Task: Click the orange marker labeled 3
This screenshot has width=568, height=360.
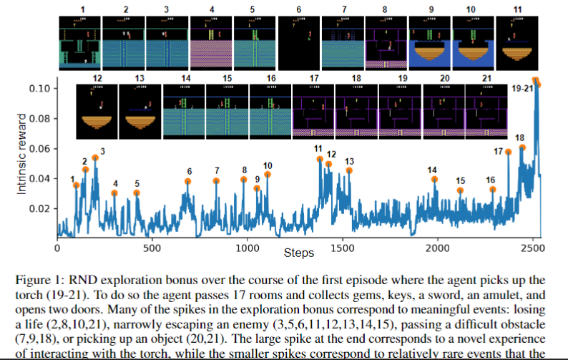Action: pyautogui.click(x=95, y=157)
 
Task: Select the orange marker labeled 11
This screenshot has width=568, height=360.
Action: pyautogui.click(x=320, y=159)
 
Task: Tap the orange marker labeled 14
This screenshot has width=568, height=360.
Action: pyautogui.click(x=434, y=179)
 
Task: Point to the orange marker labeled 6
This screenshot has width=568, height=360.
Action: pyautogui.click(x=188, y=182)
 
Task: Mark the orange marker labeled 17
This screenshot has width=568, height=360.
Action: pyautogui.click(x=508, y=152)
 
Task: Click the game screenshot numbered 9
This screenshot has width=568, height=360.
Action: pyautogui.click(x=430, y=42)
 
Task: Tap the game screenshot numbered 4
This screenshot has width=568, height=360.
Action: pyautogui.click(x=210, y=42)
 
